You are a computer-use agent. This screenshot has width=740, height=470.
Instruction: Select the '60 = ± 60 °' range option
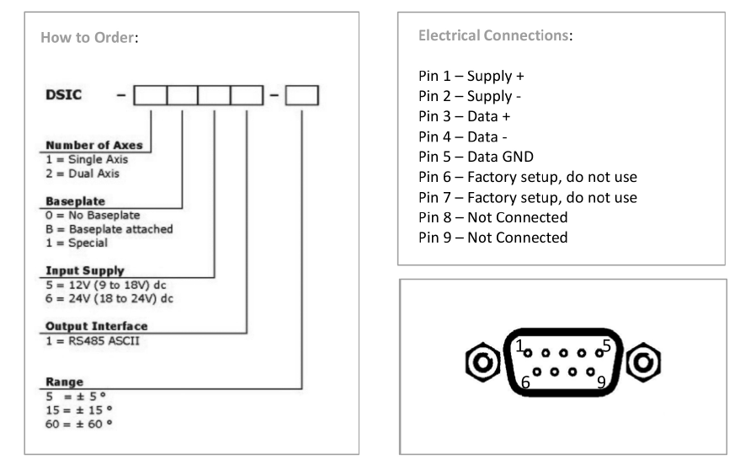tap(78, 421)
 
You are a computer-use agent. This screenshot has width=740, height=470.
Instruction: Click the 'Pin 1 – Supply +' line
tap(471, 76)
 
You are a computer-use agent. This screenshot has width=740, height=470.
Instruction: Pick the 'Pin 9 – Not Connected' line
tap(492, 238)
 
